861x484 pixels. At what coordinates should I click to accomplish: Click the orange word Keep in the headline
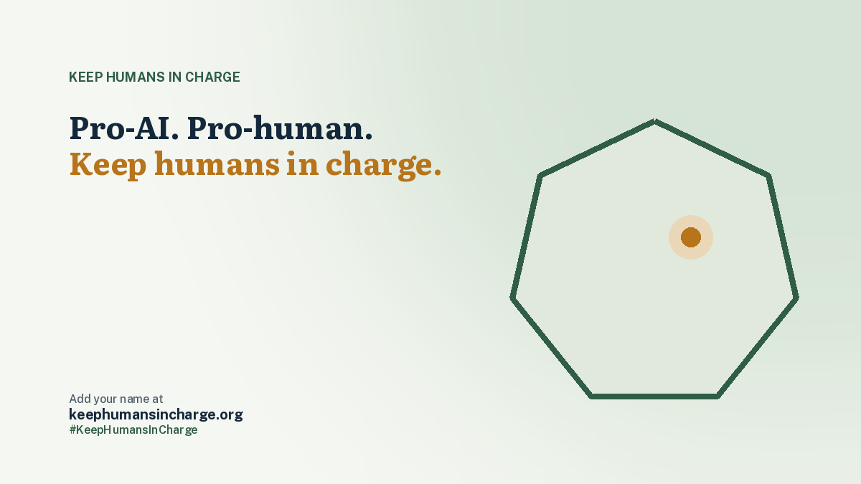click(x=108, y=165)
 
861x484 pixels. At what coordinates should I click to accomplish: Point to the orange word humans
click(x=217, y=163)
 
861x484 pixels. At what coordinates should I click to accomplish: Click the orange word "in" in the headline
click(x=303, y=163)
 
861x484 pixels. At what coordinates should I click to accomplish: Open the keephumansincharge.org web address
click(x=156, y=414)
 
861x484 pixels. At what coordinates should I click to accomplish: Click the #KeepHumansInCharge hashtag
click(x=133, y=430)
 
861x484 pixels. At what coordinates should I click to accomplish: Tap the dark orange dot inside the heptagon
click(x=691, y=237)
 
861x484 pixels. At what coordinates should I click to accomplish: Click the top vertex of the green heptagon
click(x=654, y=121)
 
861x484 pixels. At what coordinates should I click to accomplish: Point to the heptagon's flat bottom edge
click(x=654, y=397)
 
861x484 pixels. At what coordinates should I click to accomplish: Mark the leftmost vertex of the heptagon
click(x=512, y=298)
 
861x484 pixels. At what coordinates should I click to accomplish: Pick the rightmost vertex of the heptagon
click(x=796, y=298)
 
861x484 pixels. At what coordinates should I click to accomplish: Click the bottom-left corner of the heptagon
click(x=591, y=397)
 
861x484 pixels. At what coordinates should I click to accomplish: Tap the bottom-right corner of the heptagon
click(x=718, y=397)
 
